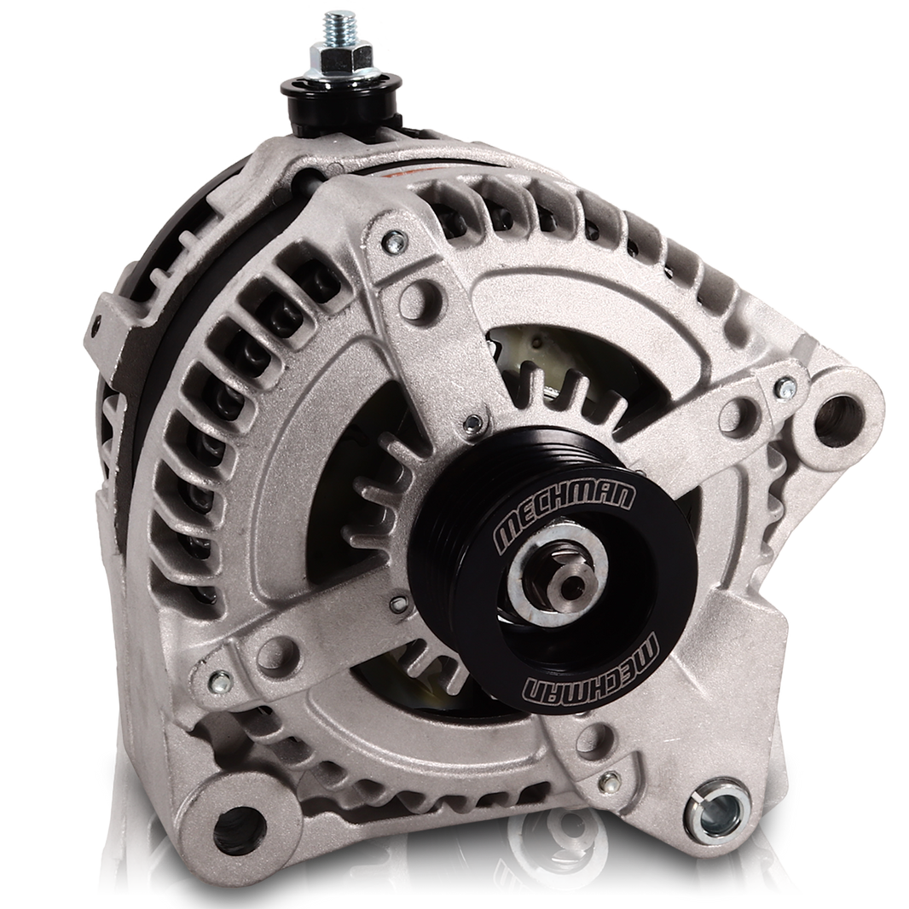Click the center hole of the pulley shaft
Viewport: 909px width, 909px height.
(570, 582)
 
